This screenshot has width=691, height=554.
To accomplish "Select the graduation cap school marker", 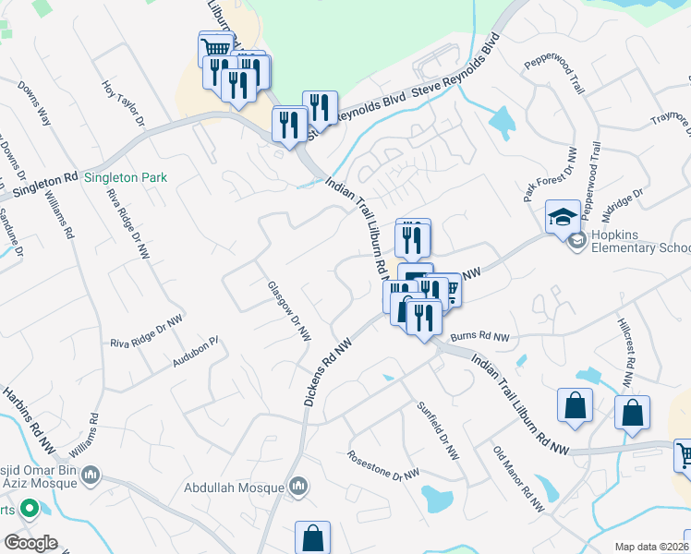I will point(563,218).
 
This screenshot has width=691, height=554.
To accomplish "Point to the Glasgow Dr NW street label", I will point(288,310).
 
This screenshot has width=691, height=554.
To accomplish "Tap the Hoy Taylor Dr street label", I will point(124,102).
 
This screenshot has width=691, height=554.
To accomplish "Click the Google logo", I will point(30,542).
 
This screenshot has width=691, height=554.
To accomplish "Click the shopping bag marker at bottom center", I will point(312,537).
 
